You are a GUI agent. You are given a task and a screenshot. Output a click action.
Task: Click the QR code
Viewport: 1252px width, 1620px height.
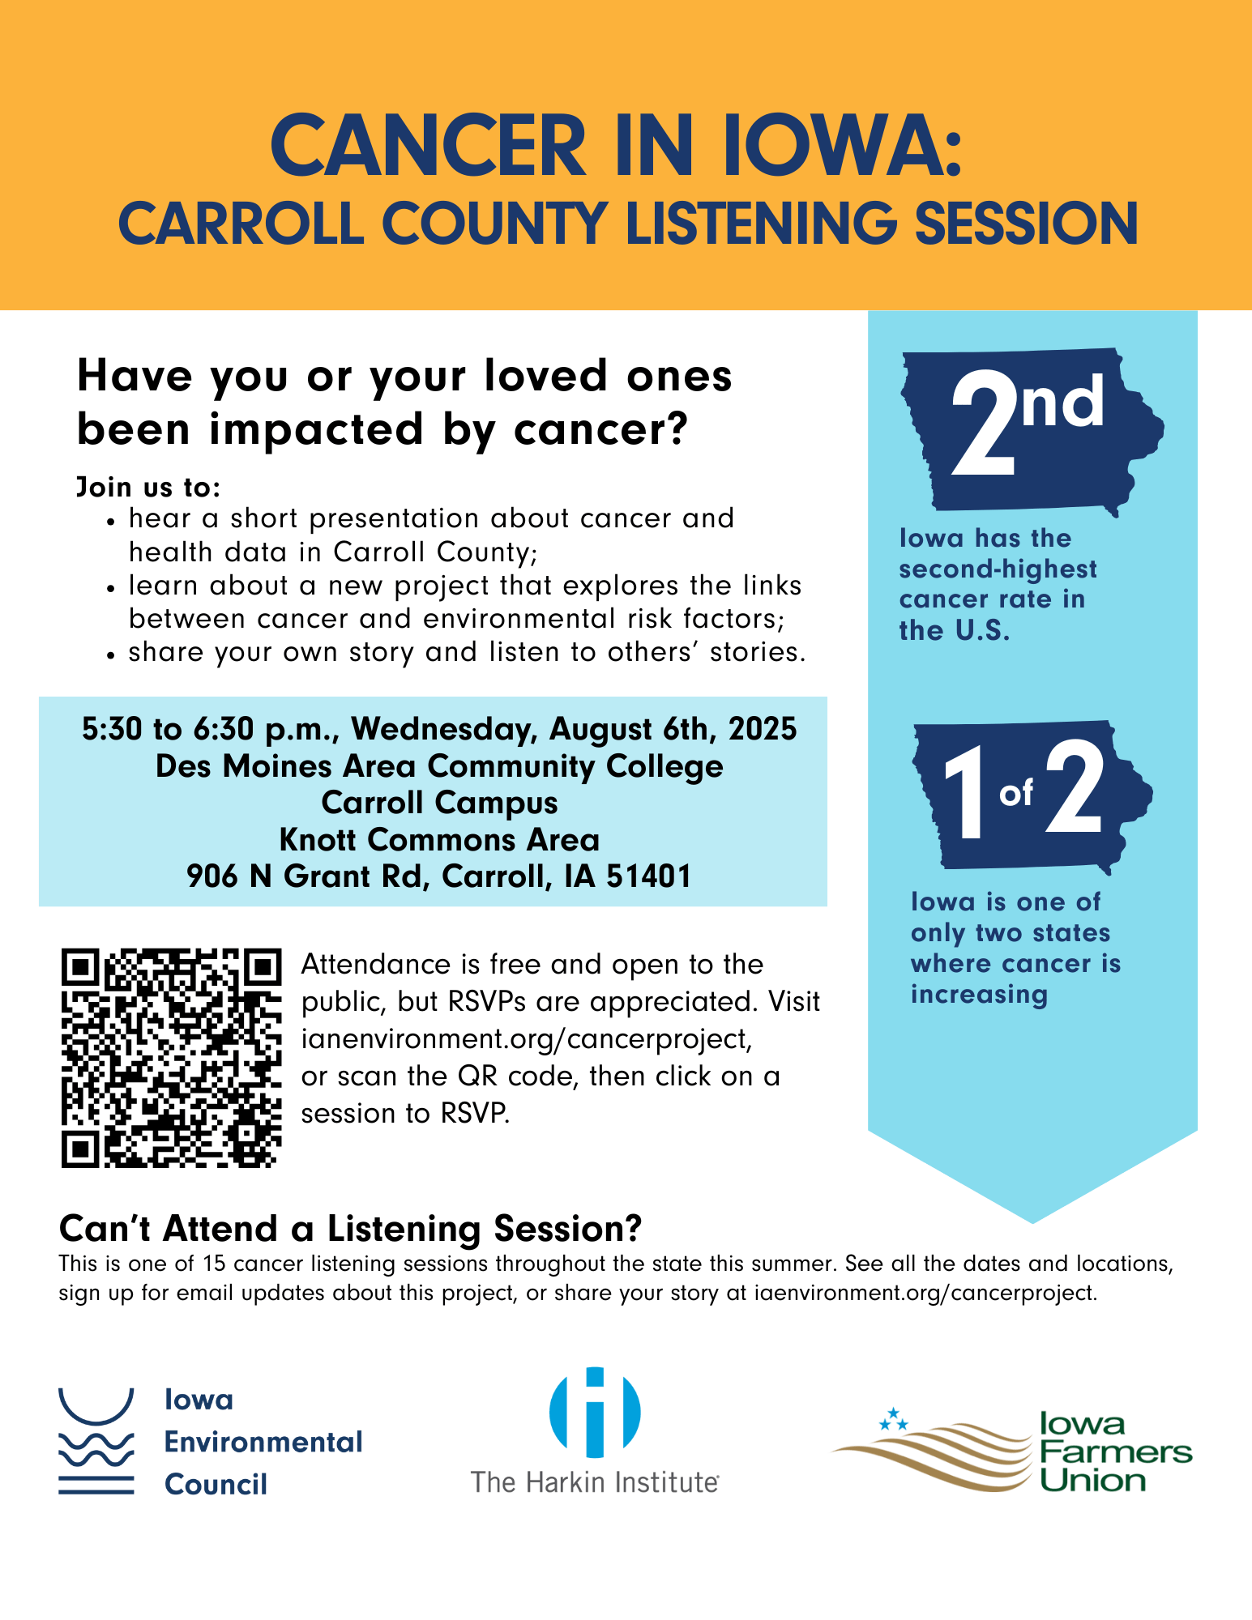(x=171, y=1058)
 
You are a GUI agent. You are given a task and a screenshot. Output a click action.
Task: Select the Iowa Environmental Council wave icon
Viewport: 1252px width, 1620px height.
(x=96, y=1441)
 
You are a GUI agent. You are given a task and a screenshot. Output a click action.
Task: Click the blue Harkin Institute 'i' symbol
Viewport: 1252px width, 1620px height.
(x=595, y=1412)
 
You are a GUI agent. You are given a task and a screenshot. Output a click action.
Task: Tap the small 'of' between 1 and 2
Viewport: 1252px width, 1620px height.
(x=1016, y=793)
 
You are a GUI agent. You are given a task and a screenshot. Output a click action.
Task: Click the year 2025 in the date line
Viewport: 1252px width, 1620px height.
(x=763, y=730)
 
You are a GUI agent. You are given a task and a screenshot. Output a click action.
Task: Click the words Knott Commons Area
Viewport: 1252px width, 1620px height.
(x=439, y=840)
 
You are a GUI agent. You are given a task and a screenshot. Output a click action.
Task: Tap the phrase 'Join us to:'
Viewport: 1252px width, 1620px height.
(x=148, y=487)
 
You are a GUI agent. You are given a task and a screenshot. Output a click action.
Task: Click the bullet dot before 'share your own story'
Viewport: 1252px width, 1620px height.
(x=112, y=654)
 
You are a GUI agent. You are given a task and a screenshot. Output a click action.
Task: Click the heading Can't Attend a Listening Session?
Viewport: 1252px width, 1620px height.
(x=350, y=1229)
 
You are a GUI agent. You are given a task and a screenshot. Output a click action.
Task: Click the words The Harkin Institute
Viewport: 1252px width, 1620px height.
(x=595, y=1482)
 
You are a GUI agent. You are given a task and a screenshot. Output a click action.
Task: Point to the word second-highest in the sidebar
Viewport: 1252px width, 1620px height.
(x=998, y=569)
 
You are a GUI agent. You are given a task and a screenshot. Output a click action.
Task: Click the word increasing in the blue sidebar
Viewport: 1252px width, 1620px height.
(x=979, y=994)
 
